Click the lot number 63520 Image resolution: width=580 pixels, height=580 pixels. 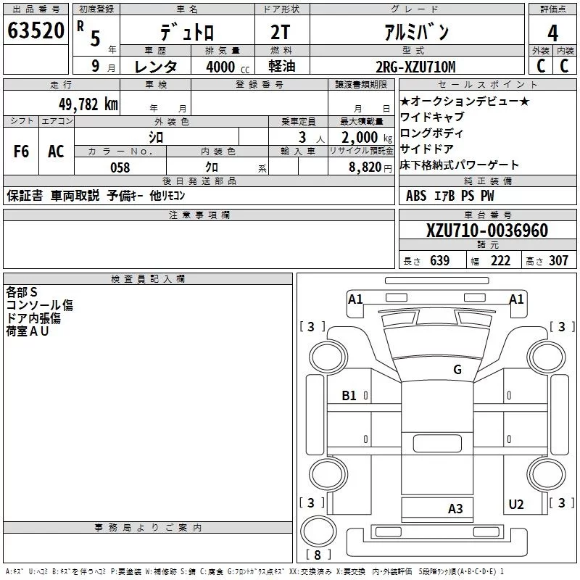pyautogui.click(x=36, y=30)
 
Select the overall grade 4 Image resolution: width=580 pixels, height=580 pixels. pyautogui.click(x=552, y=33)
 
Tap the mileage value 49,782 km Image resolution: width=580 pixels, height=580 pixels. pyautogui.click(x=88, y=104)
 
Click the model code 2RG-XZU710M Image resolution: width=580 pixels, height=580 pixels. pyautogui.click(x=415, y=67)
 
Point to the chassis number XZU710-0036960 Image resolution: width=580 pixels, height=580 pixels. pyautogui.click(x=486, y=231)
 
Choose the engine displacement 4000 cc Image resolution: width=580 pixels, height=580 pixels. pyautogui.click(x=228, y=67)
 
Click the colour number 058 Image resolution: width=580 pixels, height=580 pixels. pyautogui.click(x=120, y=167)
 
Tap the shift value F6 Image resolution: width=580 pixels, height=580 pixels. pyautogui.click(x=21, y=152)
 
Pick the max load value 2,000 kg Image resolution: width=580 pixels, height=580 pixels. pyautogui.click(x=367, y=138)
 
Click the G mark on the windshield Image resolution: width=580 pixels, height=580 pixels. pyautogui.click(x=457, y=369)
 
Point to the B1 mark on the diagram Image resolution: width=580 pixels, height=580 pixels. pyautogui.click(x=349, y=396)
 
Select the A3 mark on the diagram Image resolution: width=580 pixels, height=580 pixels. pyautogui.click(x=455, y=509)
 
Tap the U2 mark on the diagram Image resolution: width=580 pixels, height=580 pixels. pyautogui.click(x=516, y=505)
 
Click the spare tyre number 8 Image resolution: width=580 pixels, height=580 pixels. pyautogui.click(x=318, y=555)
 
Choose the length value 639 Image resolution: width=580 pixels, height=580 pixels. pyautogui.click(x=440, y=261)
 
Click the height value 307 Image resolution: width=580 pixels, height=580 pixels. pyautogui.click(x=558, y=261)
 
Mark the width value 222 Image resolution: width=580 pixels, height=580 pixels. pyautogui.click(x=500, y=261)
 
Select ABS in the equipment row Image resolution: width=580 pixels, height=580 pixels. pyautogui.click(x=416, y=196)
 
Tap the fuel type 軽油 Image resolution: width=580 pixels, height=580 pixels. pyautogui.click(x=282, y=66)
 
